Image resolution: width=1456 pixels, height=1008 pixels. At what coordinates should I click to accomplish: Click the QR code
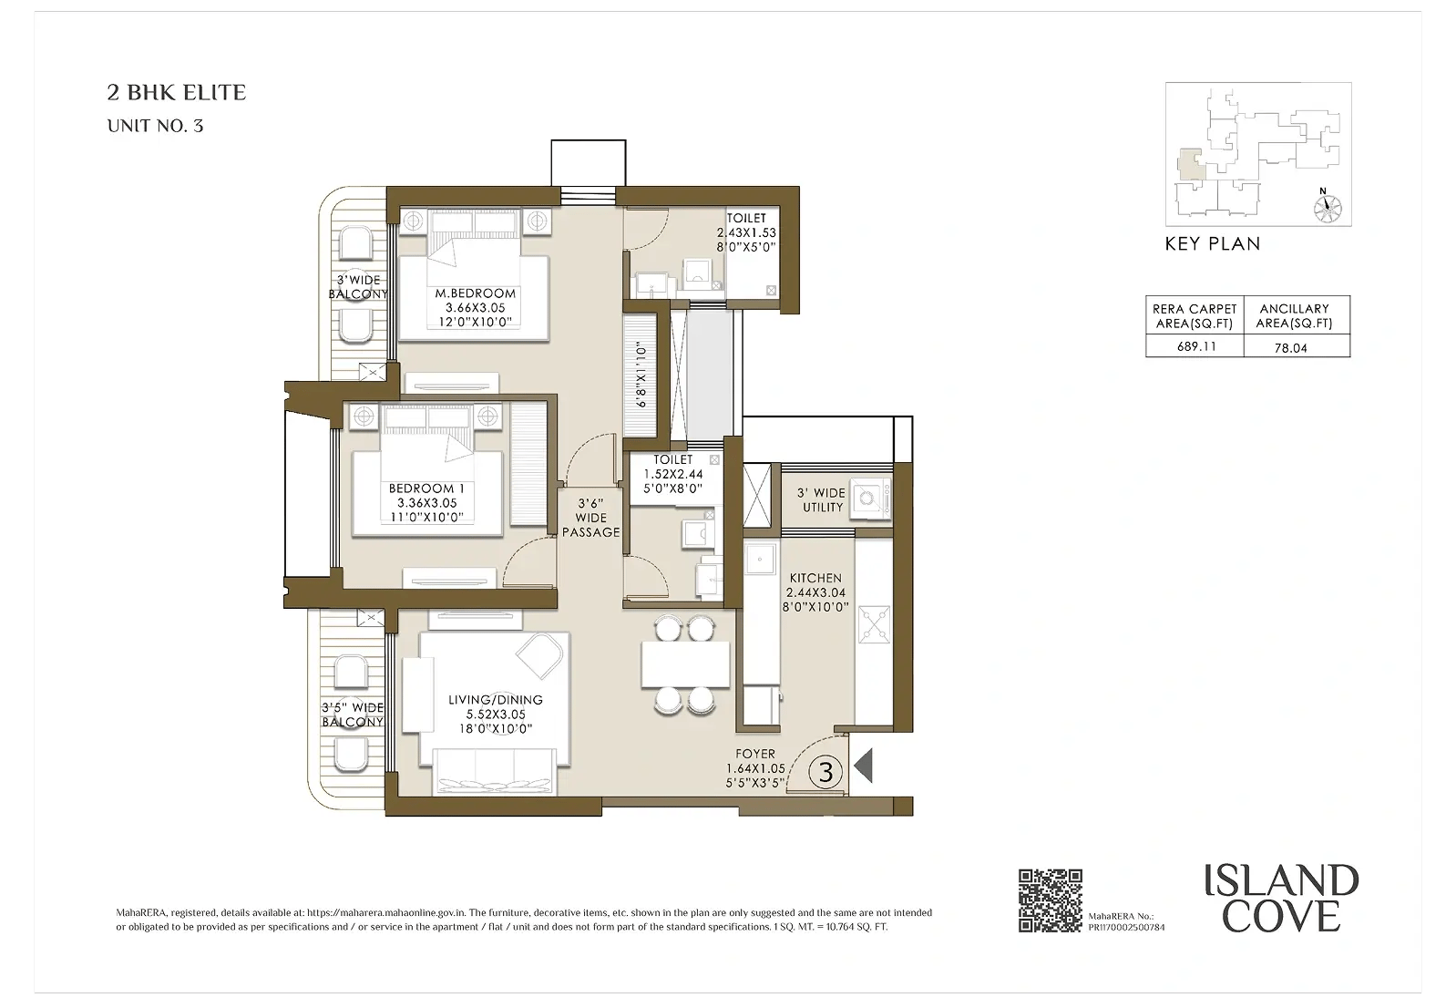pos(1050,900)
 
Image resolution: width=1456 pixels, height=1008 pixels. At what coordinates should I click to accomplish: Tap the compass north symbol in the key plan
pos(1328,208)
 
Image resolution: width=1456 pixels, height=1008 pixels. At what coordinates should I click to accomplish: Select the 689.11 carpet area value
pos(1196,346)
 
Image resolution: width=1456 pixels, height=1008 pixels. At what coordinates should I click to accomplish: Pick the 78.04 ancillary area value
pos(1290,348)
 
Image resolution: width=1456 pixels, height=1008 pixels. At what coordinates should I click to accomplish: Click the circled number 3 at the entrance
pos(825,772)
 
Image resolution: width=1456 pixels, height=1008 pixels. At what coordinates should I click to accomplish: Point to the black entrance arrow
pos(863,766)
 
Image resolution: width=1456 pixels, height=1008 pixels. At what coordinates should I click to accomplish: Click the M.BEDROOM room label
pos(475,294)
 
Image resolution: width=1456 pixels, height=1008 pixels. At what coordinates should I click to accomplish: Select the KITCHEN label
pos(815,578)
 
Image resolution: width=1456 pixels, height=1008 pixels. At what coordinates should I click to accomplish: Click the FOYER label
pos(755,754)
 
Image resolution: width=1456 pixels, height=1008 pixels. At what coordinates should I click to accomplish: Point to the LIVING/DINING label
pos(496,700)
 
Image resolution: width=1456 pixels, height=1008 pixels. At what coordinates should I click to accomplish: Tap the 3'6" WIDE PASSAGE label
pos(590,518)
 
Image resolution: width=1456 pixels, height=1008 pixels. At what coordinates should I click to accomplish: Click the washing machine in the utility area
pos(870,499)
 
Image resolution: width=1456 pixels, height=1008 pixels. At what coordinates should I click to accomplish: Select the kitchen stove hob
pos(875,624)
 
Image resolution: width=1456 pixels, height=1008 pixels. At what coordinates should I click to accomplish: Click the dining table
pos(685,664)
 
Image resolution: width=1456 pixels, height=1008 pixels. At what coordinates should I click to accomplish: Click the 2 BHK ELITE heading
pos(177,93)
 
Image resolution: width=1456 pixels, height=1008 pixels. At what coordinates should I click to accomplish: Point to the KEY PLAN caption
pos(1212,244)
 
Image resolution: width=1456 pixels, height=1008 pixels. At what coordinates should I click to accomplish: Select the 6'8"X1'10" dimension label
pos(641,375)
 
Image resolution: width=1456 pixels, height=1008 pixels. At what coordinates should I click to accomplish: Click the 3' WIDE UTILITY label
pos(822,500)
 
